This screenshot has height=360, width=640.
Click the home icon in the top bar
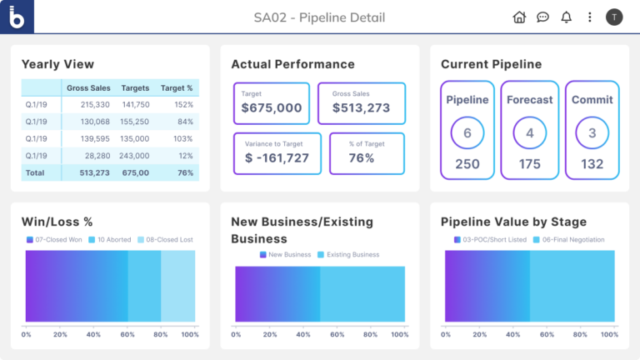tap(519, 17)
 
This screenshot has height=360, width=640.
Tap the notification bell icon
tap(567, 17)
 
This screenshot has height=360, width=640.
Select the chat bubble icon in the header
tap(542, 17)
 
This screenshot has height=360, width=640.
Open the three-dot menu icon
tap(590, 17)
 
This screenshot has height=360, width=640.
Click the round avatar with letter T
tap(614, 17)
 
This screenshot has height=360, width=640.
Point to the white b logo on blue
tap(17, 17)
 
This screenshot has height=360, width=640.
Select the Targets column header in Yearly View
tap(135, 87)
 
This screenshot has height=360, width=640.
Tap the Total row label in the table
tap(36, 172)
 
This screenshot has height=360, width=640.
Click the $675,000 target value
tap(272, 107)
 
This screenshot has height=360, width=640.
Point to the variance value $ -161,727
tap(277, 157)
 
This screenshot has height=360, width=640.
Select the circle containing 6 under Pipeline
tap(467, 132)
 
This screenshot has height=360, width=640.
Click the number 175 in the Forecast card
tap(530, 164)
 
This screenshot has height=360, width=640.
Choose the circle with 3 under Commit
tap(592, 132)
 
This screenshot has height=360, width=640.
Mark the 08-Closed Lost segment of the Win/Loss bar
tap(177, 286)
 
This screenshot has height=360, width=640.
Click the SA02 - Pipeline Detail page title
tap(319, 17)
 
